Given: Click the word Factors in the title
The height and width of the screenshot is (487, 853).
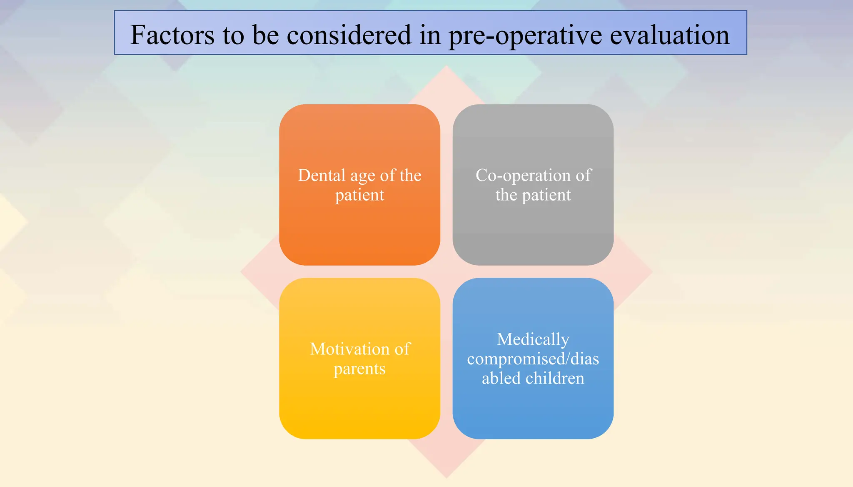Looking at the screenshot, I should coord(172,35).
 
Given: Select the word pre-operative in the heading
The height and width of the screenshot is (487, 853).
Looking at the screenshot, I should coord(525,36).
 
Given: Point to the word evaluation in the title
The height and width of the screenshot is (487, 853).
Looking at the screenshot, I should coord(670,35).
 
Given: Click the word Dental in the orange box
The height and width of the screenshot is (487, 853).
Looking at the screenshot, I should coord(322,176).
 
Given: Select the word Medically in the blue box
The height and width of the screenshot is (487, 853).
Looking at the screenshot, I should coord(533,340).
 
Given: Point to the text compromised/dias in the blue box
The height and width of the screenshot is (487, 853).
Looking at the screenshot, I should coord(533,359).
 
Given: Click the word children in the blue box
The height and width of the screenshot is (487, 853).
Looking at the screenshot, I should coord(555,379).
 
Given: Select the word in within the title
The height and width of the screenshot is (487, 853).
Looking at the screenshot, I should coord(430,35).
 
